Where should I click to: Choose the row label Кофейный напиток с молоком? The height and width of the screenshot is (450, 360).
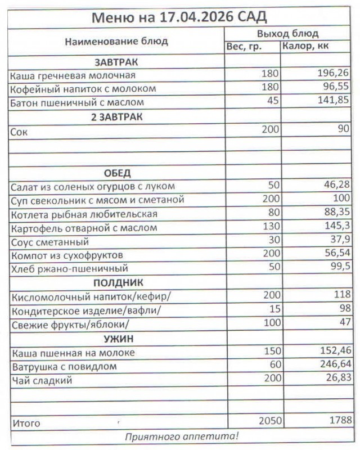pyautogui.click(x=83, y=89)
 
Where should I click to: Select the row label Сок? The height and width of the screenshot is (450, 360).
pyautogui.click(x=19, y=131)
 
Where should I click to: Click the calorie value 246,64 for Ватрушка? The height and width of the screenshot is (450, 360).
pyautogui.click(x=333, y=366)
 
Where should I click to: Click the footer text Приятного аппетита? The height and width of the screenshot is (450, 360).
pyautogui.click(x=181, y=435)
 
